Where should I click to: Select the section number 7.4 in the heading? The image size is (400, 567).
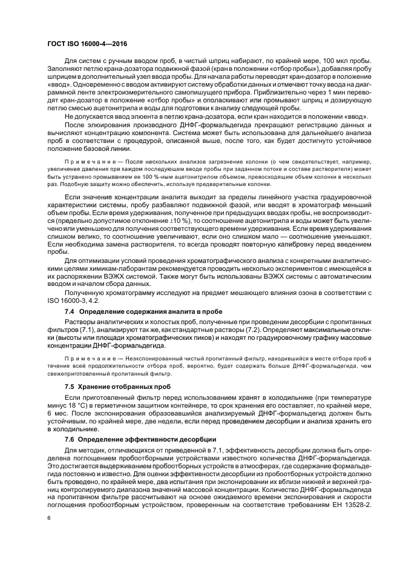[x=70, y=311]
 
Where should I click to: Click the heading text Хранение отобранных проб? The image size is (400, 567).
[x=117, y=385]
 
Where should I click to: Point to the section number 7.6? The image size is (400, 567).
[x=70, y=438]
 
